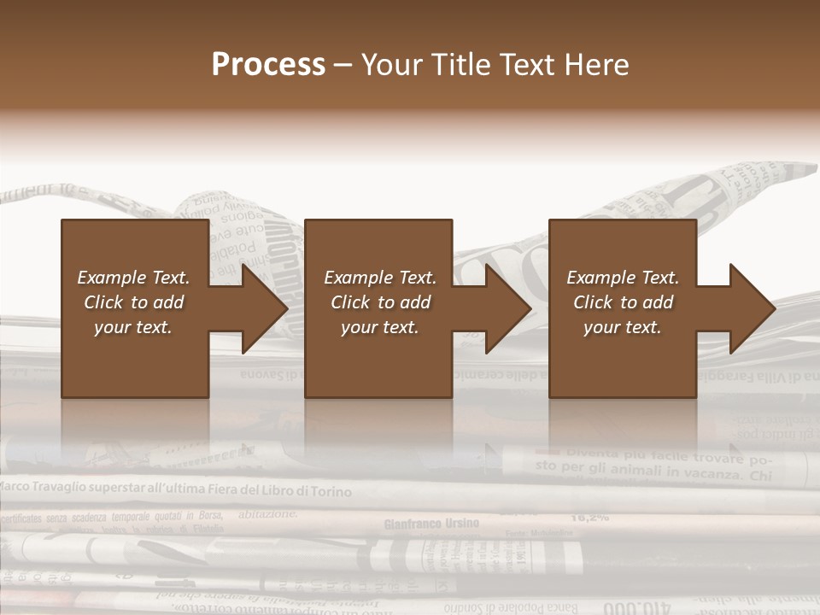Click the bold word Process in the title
[268, 65]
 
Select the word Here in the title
[597, 65]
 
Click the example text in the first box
[133, 302]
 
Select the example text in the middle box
[380, 302]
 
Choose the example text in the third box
[623, 302]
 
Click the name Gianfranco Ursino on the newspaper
[431, 523]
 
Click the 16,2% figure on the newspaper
[589, 516]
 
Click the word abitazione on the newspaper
[268, 513]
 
